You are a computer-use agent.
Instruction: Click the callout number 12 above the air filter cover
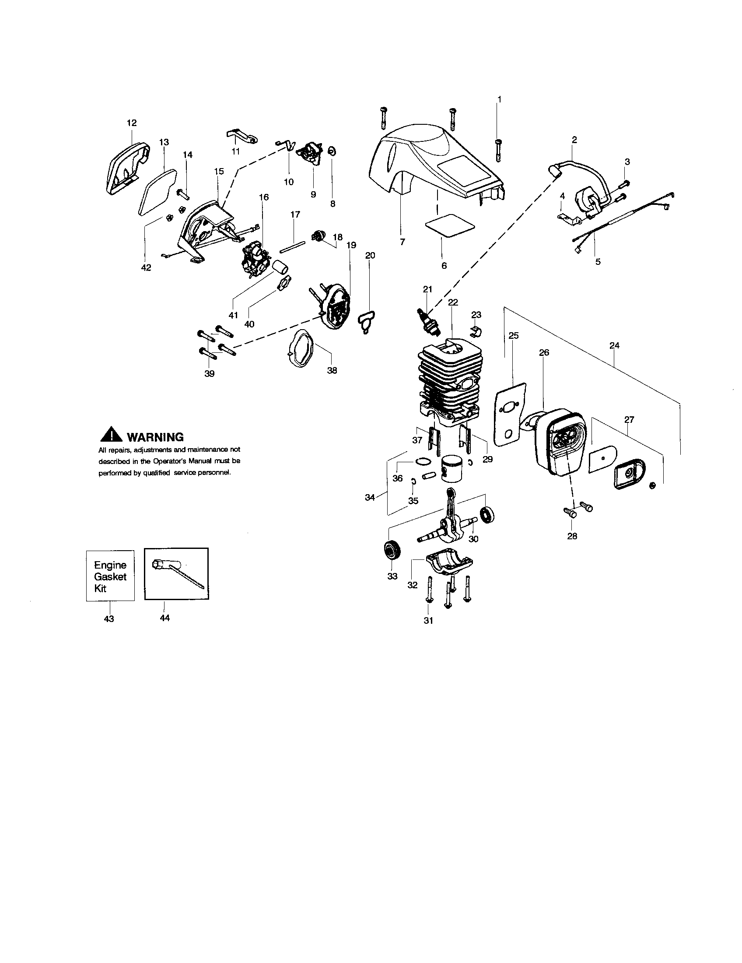click(132, 123)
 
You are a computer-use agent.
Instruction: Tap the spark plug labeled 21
click(425, 320)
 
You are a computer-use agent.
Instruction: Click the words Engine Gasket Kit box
click(110, 576)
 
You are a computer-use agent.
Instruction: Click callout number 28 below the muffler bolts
click(572, 536)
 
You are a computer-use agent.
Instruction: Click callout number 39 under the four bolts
click(210, 373)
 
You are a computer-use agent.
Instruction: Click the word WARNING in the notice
click(155, 437)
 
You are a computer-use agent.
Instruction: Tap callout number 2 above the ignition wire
click(574, 140)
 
